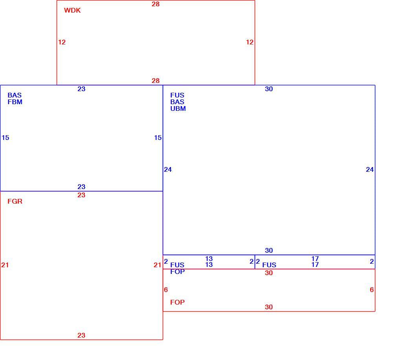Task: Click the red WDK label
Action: pos(72,10)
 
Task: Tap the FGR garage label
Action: pos(15,201)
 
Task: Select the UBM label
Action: pos(178,108)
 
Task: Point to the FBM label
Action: pos(15,102)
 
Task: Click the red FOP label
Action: pos(177,302)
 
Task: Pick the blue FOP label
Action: pos(177,272)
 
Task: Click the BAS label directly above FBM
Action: pos(15,95)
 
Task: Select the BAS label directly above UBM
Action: pos(177,102)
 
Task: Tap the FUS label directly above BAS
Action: pos(177,95)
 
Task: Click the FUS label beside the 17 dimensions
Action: pos(269,265)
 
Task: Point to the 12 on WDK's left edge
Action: pos(62,42)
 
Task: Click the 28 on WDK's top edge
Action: pos(156,4)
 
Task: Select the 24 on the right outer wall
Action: pos(370,170)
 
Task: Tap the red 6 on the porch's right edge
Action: pos(372,290)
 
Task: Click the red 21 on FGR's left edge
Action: pos(5,265)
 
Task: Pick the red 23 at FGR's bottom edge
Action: pos(81,335)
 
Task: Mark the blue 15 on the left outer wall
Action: pos(5,138)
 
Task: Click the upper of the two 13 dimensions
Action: pos(209,259)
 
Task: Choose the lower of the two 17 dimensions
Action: pos(315,264)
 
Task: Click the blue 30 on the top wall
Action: pos(269,89)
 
